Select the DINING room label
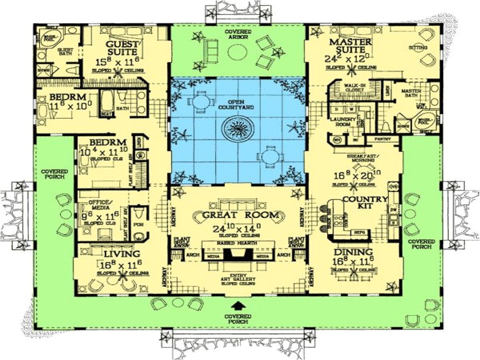[353, 252]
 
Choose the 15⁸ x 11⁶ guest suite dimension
[120, 62]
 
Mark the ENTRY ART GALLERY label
[239, 279]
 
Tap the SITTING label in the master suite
[418, 47]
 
